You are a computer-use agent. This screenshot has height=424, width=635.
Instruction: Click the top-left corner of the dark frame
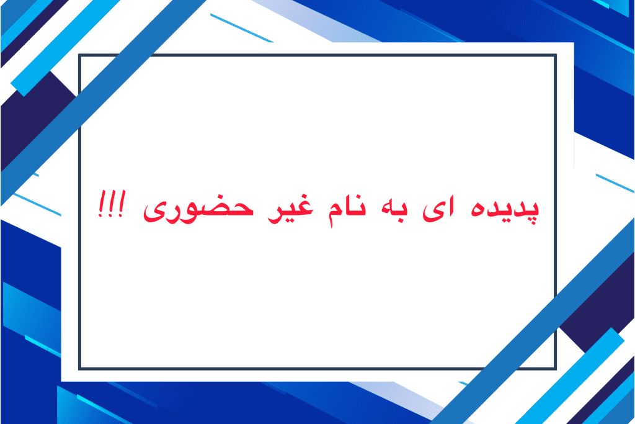[x=80, y=55]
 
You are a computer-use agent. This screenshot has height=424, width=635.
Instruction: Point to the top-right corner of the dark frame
[x=555, y=55]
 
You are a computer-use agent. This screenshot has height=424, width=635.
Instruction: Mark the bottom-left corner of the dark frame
[x=80, y=369]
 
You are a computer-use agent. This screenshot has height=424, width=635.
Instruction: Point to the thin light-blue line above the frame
[x=242, y=28]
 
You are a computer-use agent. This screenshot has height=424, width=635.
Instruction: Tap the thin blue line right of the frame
[x=615, y=183]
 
